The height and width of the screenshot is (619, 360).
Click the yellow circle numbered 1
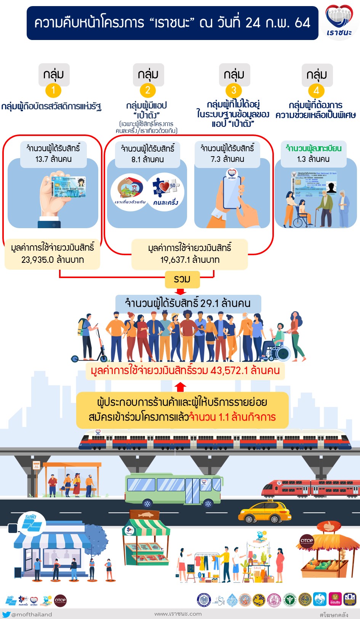[x=53, y=90]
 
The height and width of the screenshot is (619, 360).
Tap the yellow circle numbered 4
[x=316, y=91]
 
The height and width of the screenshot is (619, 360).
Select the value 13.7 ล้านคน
[x=53, y=159]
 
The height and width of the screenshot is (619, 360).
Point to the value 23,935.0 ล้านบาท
[x=53, y=260]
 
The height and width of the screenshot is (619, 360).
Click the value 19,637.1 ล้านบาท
[x=190, y=260]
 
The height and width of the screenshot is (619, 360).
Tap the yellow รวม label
[x=182, y=279]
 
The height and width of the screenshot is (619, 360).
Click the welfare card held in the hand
[x=69, y=186]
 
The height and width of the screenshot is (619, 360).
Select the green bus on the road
[x=173, y=491]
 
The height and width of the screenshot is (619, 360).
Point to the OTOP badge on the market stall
[x=307, y=541]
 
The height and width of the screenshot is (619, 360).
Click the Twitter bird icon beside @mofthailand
[x=6, y=614]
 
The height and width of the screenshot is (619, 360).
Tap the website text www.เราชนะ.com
[x=178, y=614]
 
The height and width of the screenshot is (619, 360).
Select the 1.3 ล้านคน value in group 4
[x=313, y=159]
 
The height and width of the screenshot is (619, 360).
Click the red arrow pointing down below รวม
[x=181, y=292]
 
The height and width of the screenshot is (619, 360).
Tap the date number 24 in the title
[x=253, y=23]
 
